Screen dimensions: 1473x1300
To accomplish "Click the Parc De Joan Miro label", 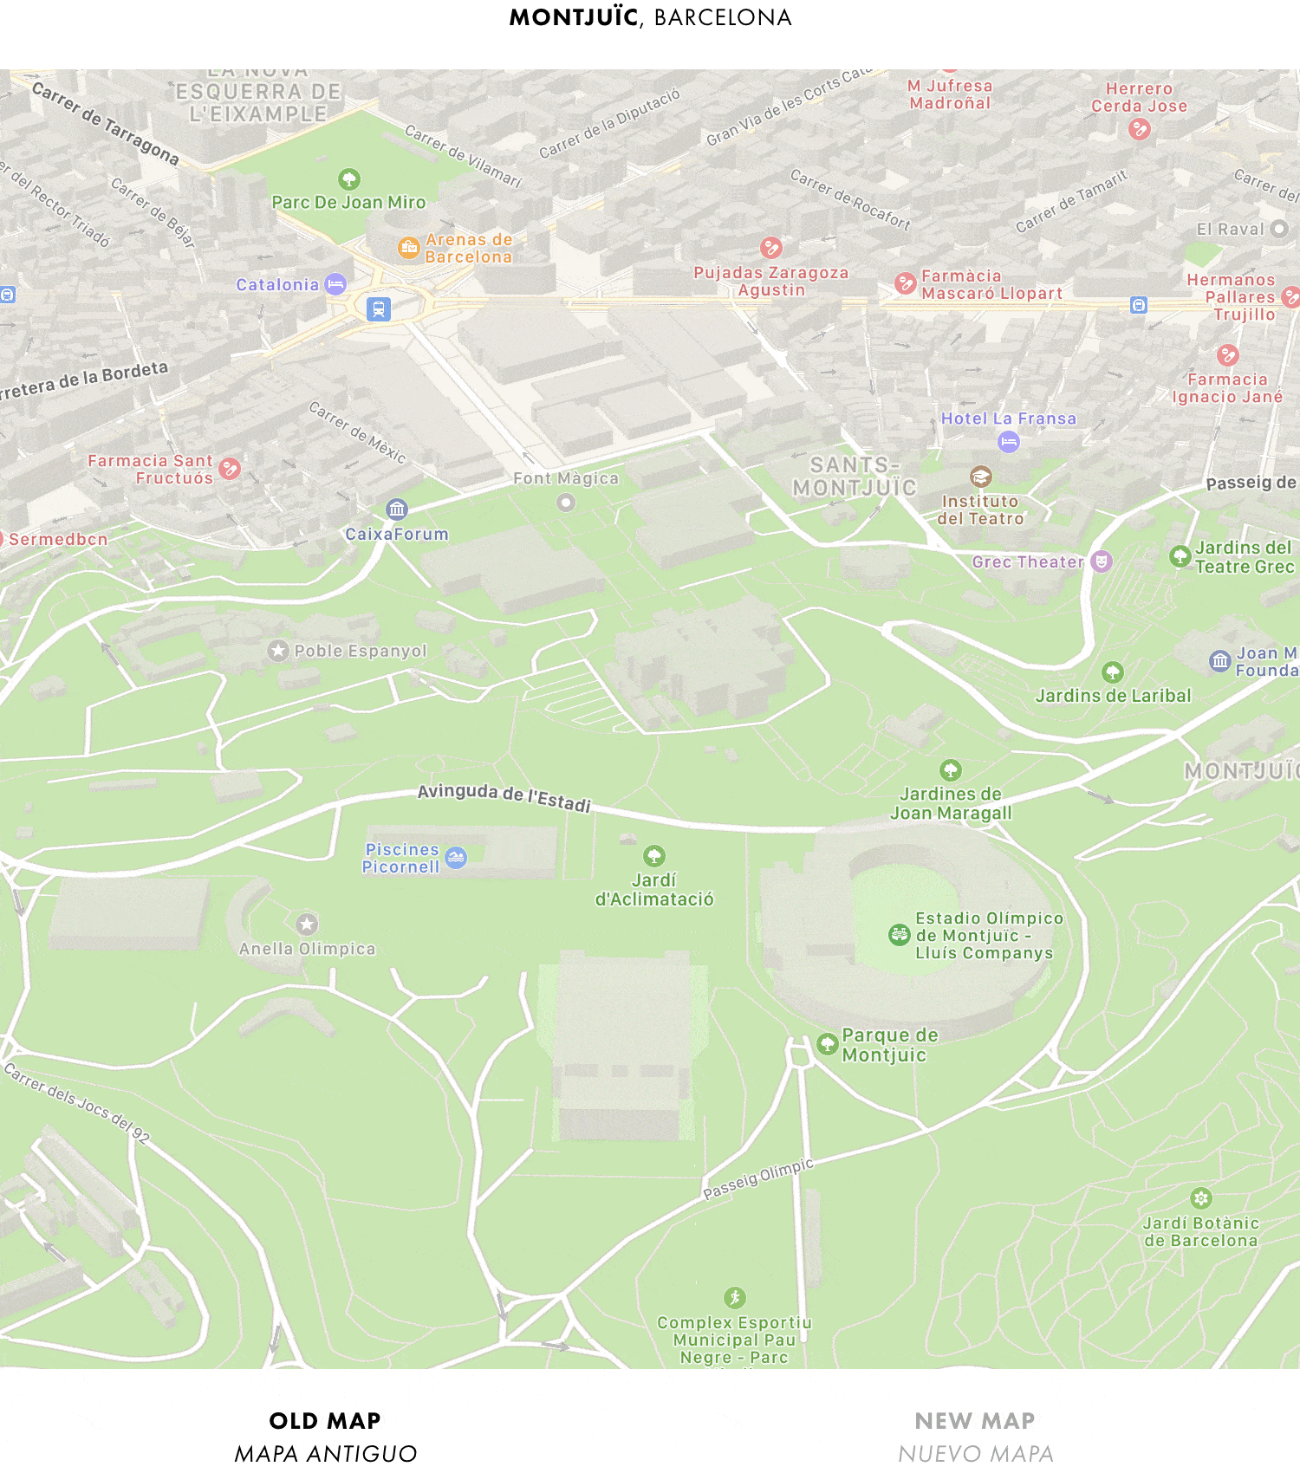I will [x=348, y=202].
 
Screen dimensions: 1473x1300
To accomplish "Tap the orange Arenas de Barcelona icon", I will [x=408, y=248].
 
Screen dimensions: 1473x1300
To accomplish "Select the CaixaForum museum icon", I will [x=397, y=509].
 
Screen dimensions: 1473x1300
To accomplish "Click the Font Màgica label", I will [x=566, y=478].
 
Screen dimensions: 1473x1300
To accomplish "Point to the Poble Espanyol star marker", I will [x=278, y=651].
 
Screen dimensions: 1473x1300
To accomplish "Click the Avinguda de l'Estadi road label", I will [x=504, y=797].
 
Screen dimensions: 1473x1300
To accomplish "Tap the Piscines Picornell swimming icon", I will [x=456, y=858].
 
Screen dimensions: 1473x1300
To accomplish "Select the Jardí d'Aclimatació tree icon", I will [x=654, y=856].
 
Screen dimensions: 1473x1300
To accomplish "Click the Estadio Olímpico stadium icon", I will [x=900, y=935].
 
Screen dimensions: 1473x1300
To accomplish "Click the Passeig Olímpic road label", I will [x=758, y=1179].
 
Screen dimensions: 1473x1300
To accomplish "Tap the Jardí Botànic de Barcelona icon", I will [x=1200, y=1198].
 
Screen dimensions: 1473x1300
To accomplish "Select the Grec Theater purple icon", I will [x=1101, y=561].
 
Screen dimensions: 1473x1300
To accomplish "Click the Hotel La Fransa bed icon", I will [x=1009, y=443].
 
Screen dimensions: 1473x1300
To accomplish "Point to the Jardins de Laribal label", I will [x=1113, y=696].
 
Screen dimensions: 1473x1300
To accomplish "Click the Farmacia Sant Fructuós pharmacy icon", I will [x=230, y=469].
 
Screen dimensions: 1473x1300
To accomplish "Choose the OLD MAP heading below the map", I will [x=325, y=1421].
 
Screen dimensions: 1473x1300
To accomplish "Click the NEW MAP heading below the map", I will [x=975, y=1421].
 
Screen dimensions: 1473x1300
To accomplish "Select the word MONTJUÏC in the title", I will [x=574, y=17].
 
